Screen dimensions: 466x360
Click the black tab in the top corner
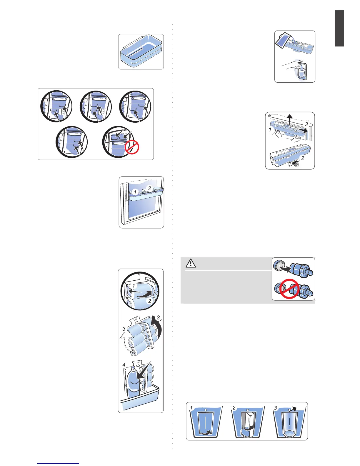(x=339, y=28)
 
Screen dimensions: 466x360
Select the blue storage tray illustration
(x=141, y=52)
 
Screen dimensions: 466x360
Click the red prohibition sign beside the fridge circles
(x=132, y=147)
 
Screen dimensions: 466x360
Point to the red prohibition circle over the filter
(x=289, y=289)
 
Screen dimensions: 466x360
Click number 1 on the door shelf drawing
(x=135, y=192)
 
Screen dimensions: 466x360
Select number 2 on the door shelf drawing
(x=149, y=188)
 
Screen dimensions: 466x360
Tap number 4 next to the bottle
(x=124, y=365)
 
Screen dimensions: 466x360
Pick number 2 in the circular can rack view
(x=150, y=301)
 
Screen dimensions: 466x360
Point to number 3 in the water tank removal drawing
(x=306, y=124)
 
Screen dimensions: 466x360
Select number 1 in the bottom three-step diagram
(x=191, y=408)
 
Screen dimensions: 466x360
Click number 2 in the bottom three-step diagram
(x=234, y=408)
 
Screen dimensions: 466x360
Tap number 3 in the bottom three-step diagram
(x=275, y=408)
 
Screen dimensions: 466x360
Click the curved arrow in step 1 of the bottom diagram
(x=206, y=432)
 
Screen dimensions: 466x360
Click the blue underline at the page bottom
(x=58, y=464)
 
